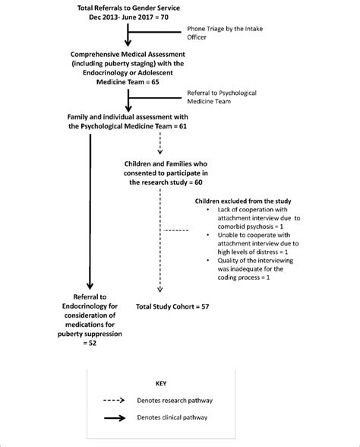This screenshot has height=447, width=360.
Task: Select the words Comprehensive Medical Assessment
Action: pos(114,55)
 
